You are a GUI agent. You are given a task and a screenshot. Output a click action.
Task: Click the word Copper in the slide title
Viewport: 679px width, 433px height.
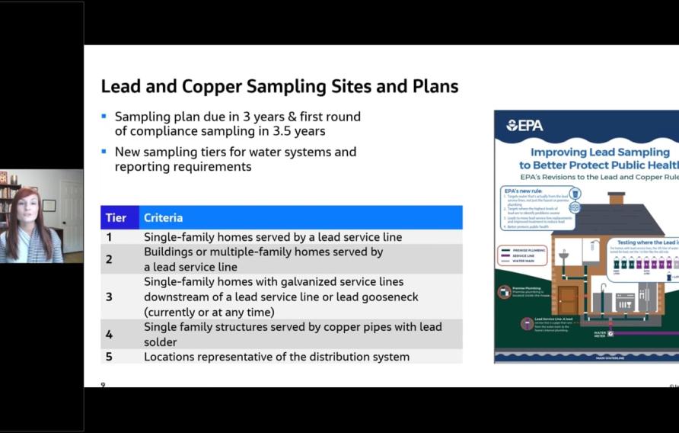point(209,86)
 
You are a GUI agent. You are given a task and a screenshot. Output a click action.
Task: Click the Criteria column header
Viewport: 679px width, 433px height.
point(163,218)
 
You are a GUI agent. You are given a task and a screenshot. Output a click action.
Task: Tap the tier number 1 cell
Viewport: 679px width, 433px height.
point(109,237)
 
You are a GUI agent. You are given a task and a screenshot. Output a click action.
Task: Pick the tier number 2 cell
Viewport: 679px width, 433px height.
point(109,259)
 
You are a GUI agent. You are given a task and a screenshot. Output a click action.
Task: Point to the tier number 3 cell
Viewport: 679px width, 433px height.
point(109,297)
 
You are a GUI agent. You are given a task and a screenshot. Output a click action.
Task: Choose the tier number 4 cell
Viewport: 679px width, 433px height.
point(109,334)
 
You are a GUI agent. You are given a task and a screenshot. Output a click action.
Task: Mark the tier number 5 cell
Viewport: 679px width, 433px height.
point(109,357)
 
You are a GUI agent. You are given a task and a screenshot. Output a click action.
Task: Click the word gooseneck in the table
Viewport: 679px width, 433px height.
point(385,297)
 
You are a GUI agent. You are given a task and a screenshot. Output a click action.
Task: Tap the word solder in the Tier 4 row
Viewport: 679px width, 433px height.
point(161,342)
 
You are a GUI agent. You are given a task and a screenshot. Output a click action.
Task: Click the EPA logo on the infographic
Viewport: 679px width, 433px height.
point(524,125)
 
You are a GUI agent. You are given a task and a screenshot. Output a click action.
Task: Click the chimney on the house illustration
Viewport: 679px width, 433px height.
point(616,198)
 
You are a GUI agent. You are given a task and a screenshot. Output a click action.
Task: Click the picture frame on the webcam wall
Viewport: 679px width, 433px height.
point(49,204)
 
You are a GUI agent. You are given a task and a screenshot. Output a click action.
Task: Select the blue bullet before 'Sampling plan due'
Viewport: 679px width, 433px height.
point(104,117)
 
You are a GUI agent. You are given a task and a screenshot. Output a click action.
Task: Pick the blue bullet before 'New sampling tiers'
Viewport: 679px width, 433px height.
point(104,151)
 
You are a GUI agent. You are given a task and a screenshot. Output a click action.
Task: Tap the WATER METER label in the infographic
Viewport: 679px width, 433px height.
point(600,333)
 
